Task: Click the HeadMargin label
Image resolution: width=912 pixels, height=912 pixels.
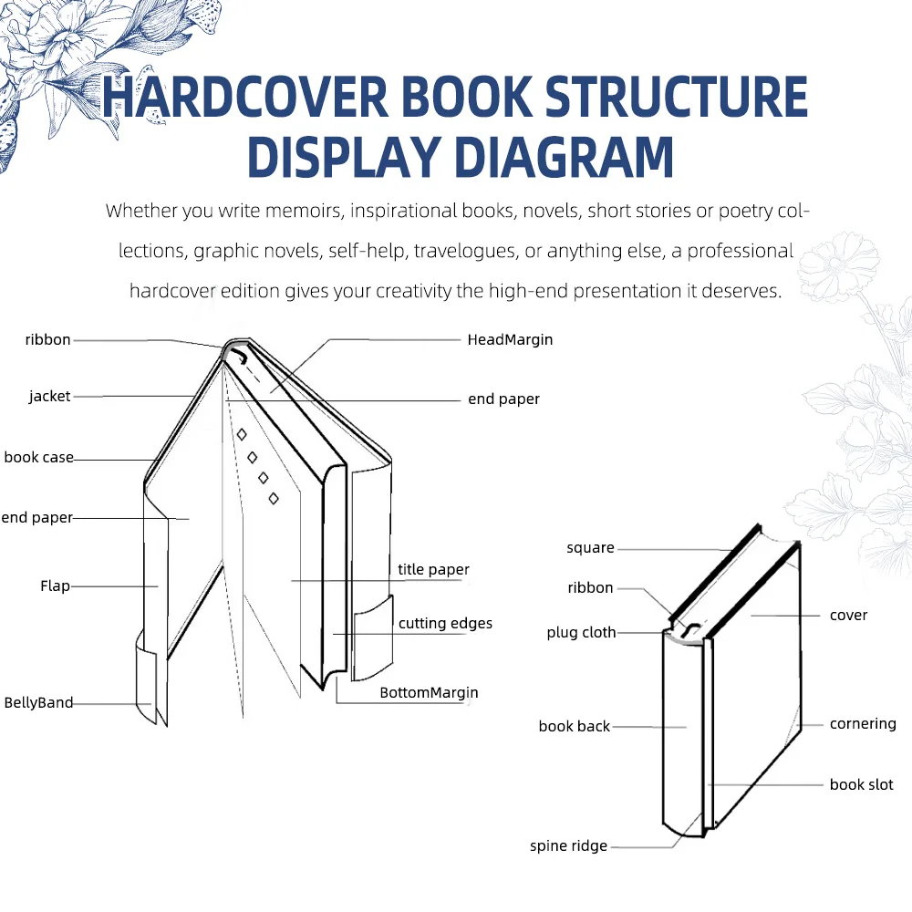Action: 510,339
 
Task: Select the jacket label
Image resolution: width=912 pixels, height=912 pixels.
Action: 49,397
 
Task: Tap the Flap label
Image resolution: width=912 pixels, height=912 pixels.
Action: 55,586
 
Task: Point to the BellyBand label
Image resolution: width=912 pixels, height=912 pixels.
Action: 38,702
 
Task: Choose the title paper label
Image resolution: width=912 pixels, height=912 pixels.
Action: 433,569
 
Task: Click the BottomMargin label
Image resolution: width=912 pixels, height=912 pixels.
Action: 429,692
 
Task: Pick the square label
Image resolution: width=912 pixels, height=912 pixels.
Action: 590,547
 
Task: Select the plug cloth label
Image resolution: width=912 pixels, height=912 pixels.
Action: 581,632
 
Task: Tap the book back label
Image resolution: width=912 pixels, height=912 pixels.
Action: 574,726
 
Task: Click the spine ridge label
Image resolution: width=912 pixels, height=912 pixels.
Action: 568,845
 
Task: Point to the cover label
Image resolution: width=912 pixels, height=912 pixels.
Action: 848,615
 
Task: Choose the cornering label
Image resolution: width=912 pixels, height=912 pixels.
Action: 863,723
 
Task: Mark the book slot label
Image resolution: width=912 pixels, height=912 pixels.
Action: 861,784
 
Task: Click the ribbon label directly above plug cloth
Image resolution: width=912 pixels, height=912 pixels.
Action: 590,587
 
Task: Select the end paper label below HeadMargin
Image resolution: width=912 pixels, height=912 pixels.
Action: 503,399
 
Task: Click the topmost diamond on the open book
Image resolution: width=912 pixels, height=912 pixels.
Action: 242,435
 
